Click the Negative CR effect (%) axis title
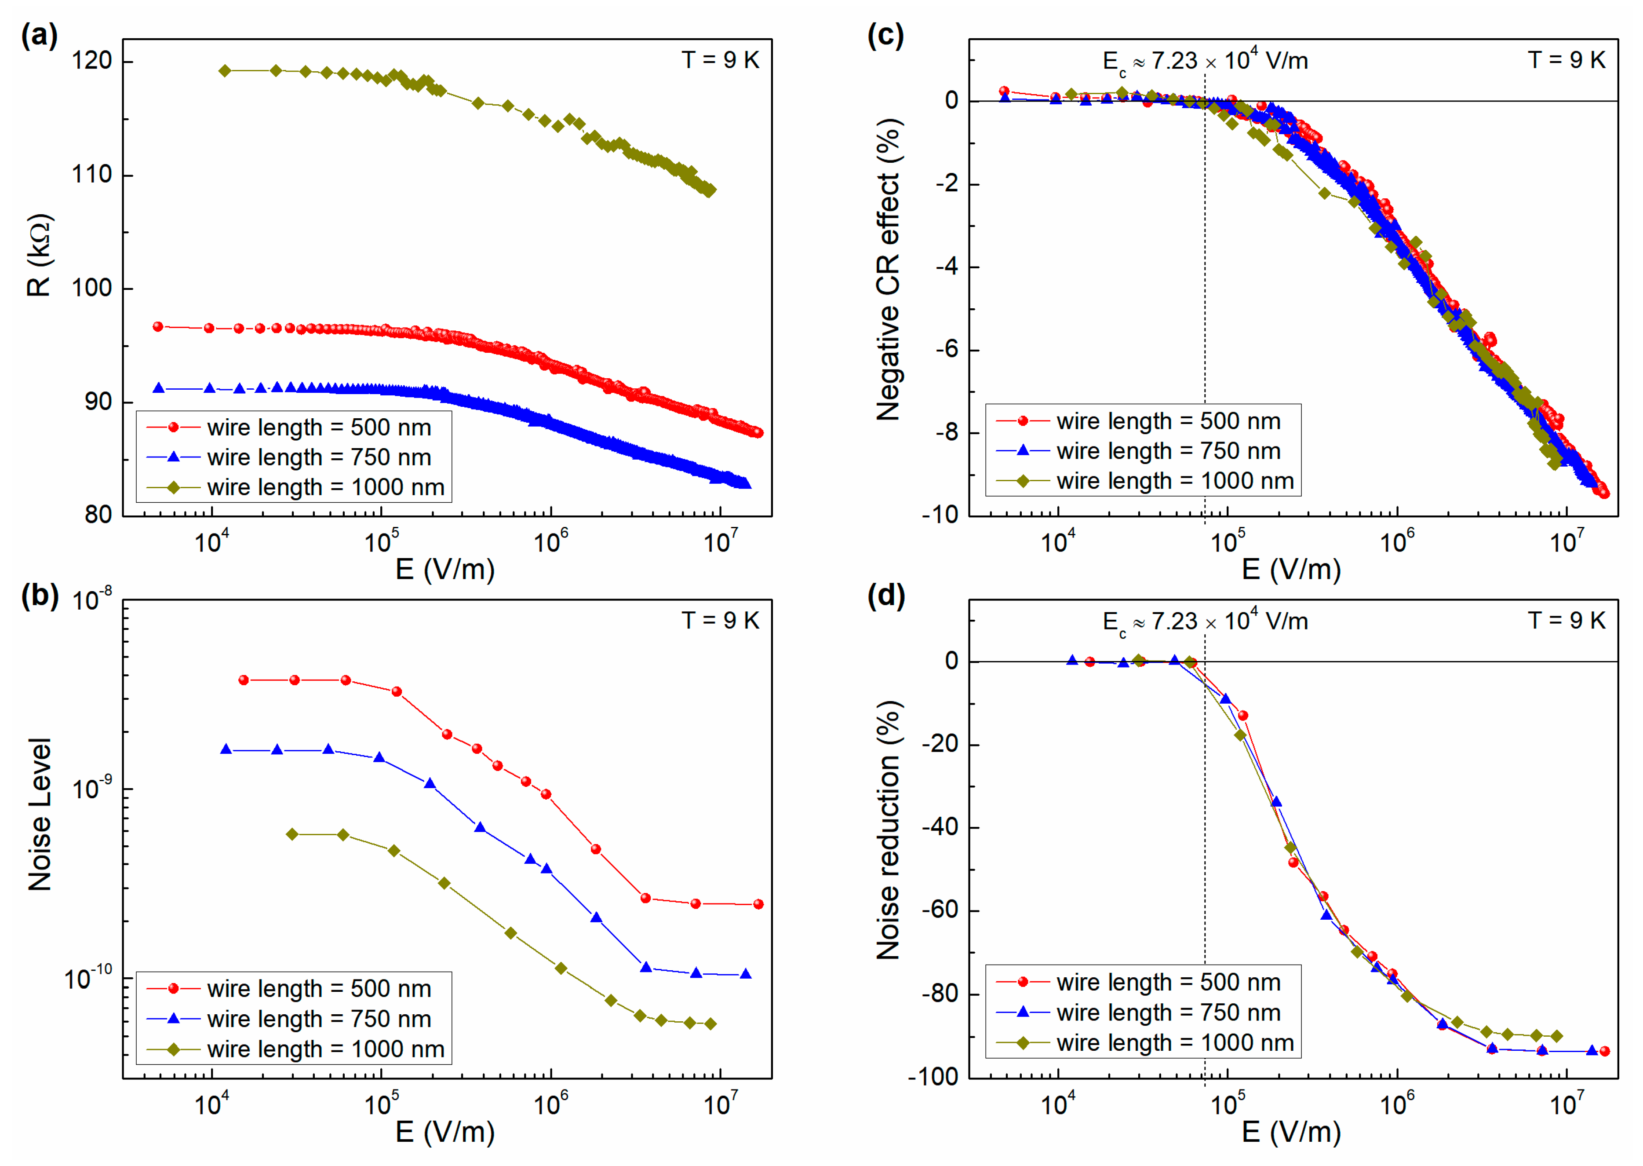click(888, 269)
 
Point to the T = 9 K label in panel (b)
click(720, 620)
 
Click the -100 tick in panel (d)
click(933, 1077)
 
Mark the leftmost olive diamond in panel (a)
click(225, 70)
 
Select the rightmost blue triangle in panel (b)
click(746, 974)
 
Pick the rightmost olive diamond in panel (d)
click(1556, 1036)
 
